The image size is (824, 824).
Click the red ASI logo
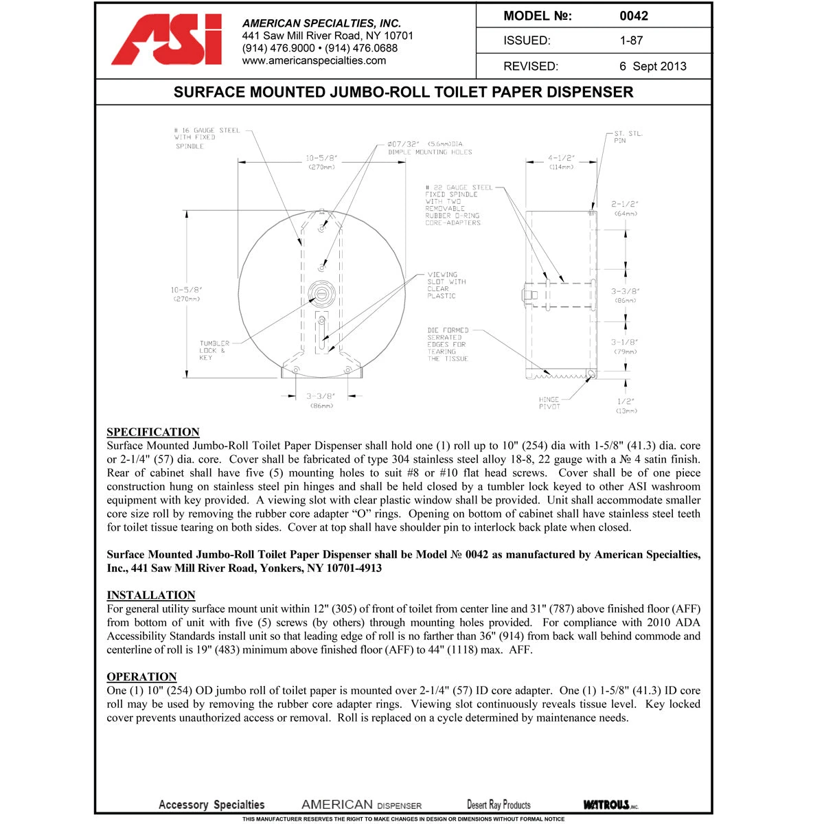[x=167, y=40]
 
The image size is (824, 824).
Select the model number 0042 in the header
[x=633, y=16]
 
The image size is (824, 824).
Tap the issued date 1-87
[x=631, y=41]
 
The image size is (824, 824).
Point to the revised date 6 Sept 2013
[x=652, y=67]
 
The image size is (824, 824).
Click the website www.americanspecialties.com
[x=314, y=60]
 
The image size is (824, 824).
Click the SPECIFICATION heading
[x=153, y=432]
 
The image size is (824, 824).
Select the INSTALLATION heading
[x=151, y=595]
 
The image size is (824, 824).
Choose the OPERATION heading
[x=141, y=676]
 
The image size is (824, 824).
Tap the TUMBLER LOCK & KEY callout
[x=214, y=350]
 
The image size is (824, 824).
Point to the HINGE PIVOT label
[x=549, y=403]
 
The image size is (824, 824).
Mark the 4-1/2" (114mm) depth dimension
[x=562, y=162]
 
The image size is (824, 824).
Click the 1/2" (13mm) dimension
[x=626, y=405]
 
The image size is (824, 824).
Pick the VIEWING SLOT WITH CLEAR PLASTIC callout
[x=446, y=285]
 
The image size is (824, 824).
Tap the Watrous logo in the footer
[x=610, y=805]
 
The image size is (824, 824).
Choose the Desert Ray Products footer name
[x=499, y=805]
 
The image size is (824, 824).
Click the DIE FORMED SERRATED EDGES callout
[x=448, y=345]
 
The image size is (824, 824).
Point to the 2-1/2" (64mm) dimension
[x=625, y=208]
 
